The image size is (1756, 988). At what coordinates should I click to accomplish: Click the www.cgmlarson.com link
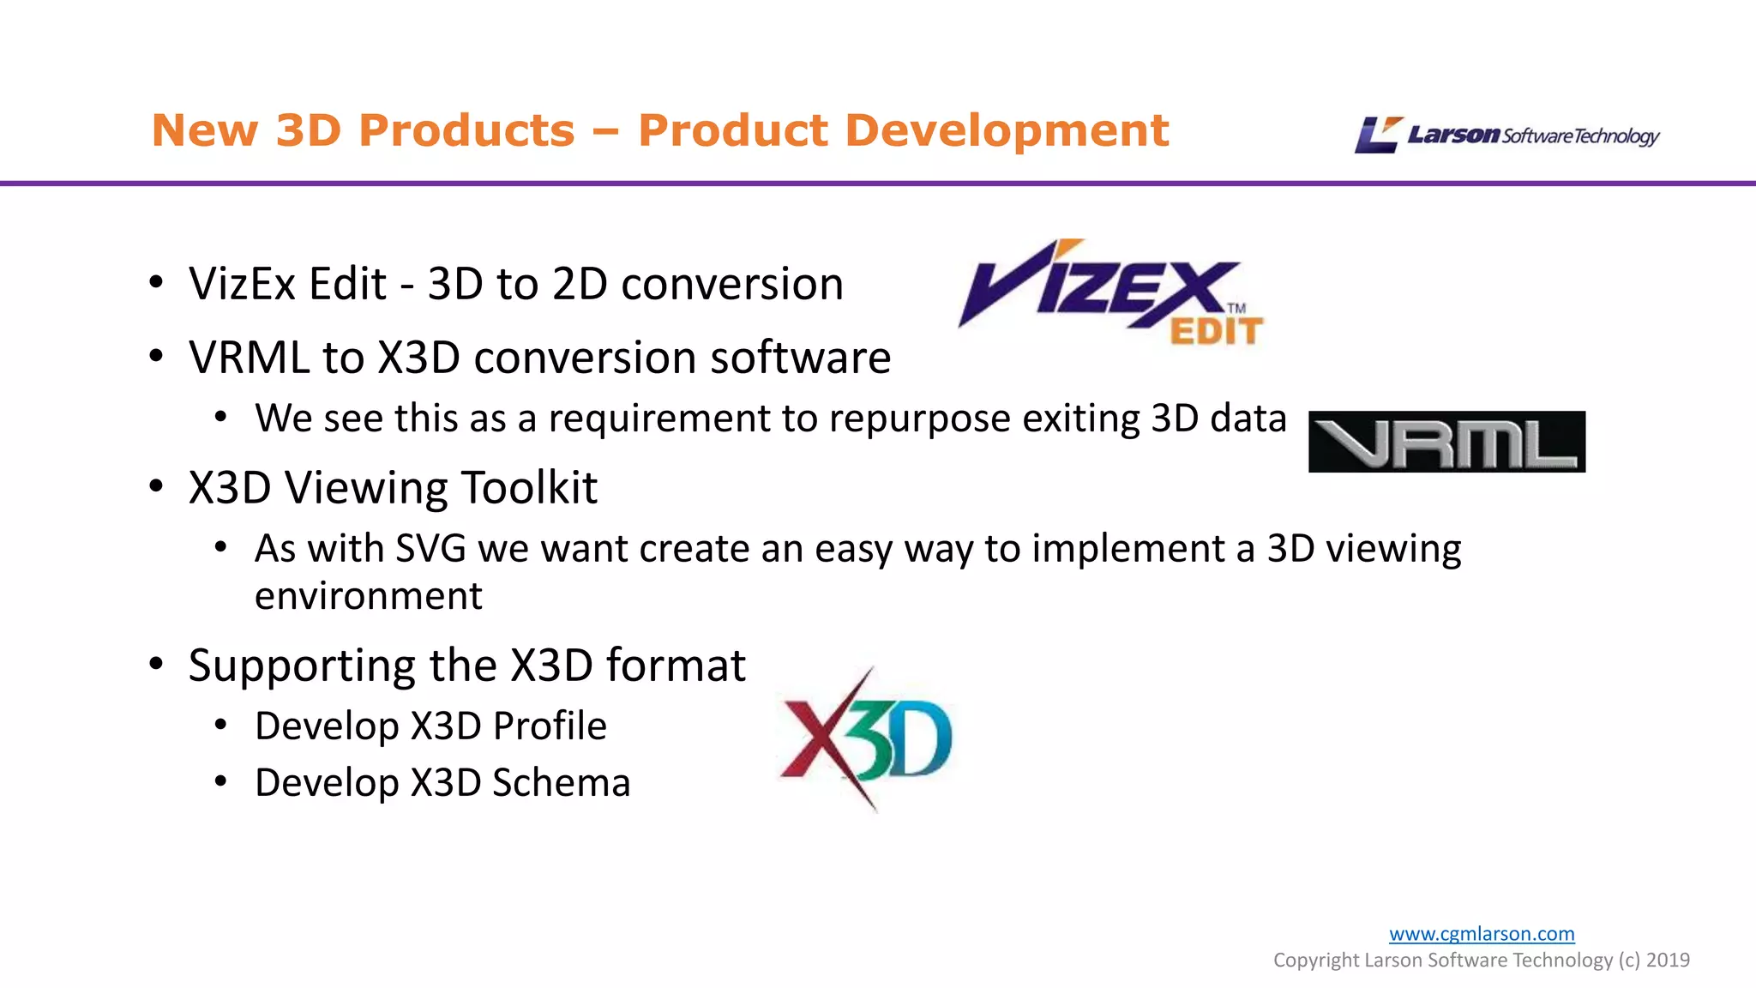(1482, 933)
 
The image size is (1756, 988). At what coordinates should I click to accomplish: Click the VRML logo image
(1446, 442)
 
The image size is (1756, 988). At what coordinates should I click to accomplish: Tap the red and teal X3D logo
(866, 739)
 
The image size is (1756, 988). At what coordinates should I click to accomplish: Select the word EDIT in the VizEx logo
(1216, 331)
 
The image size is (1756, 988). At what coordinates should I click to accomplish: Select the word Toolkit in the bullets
(529, 487)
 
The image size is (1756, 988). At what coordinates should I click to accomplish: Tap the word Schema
(561, 782)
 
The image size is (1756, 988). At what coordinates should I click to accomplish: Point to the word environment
(369, 596)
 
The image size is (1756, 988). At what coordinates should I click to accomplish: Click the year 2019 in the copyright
(1668, 960)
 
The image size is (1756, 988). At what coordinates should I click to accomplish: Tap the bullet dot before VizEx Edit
(156, 283)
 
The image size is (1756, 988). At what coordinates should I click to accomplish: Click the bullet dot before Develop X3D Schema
(221, 781)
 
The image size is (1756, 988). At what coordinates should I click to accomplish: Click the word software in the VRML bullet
(800, 358)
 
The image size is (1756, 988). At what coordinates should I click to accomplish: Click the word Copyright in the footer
(1315, 960)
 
